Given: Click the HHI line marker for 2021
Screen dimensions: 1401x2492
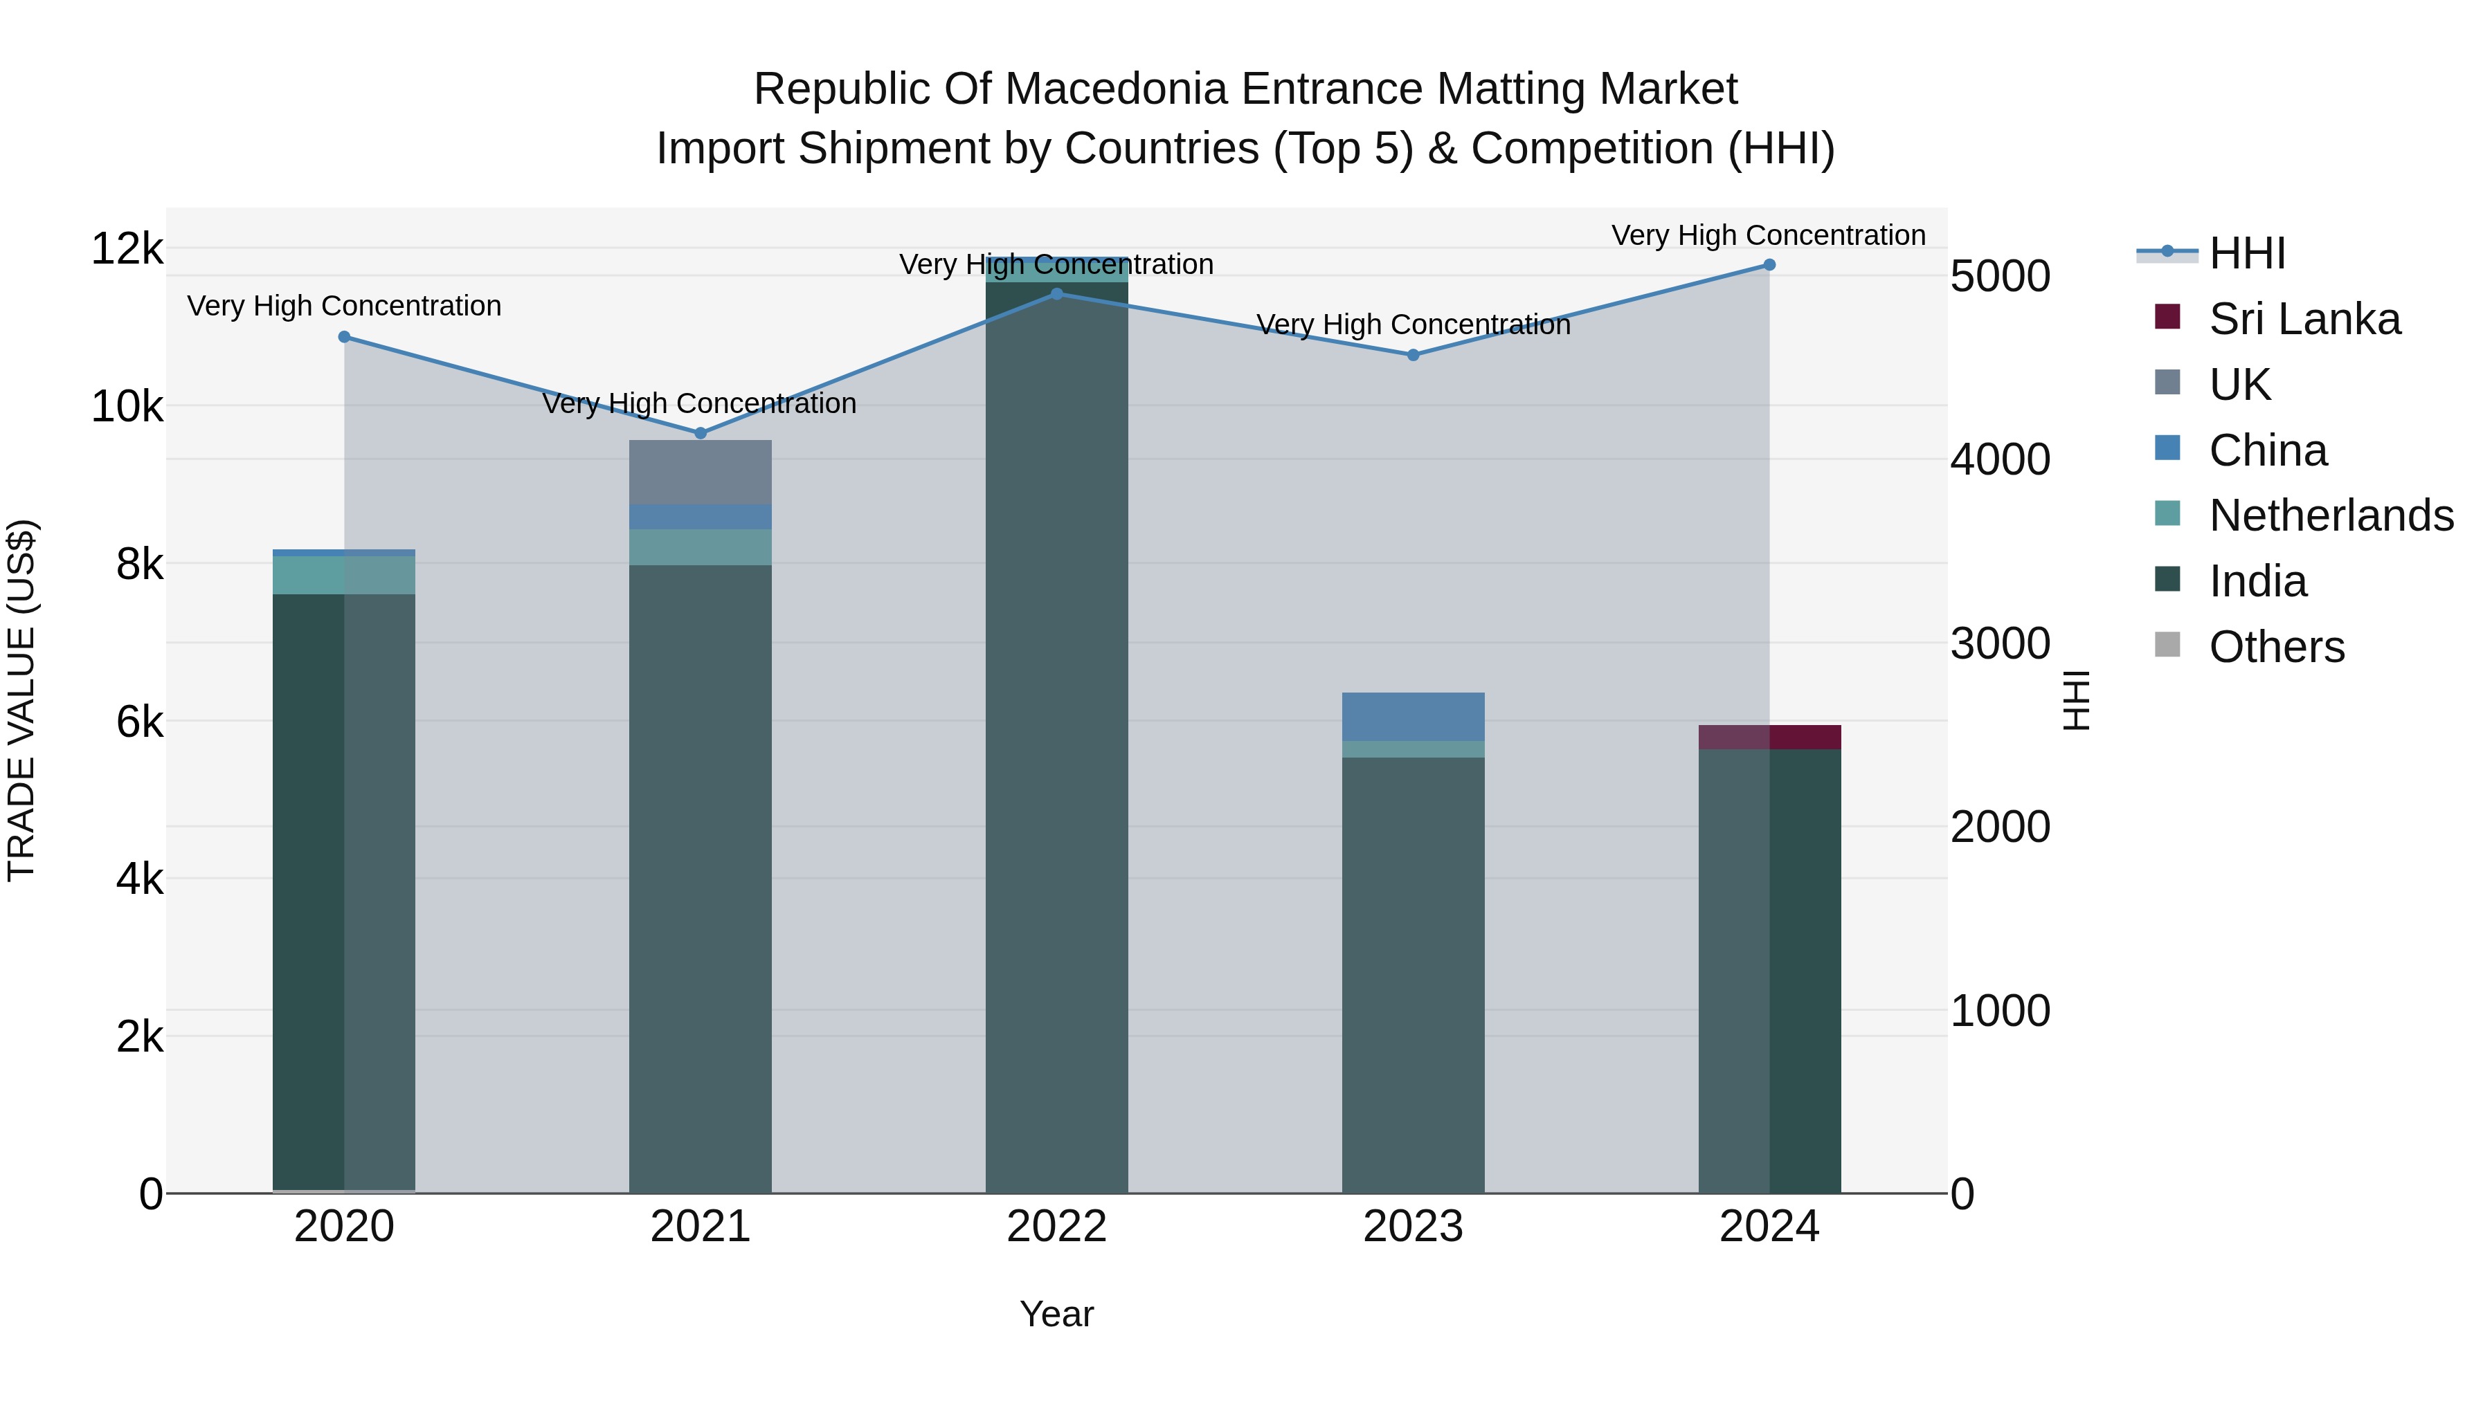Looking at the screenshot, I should click(x=701, y=433).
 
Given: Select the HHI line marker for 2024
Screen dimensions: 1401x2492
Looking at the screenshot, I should click(x=1769, y=265).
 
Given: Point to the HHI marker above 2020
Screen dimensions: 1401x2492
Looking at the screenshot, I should click(x=345, y=336).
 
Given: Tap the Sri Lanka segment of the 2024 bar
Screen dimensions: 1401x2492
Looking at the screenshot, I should click(x=1769, y=737).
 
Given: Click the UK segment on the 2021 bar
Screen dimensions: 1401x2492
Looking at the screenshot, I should click(x=701, y=472).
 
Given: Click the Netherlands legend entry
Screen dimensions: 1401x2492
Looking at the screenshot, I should click(x=2329, y=515).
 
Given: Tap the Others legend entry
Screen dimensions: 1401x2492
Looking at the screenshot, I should click(x=2275, y=647).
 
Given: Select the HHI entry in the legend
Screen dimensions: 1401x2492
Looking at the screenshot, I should click(x=2246, y=253).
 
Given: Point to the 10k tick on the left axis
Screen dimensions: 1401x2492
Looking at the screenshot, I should click(x=127, y=407).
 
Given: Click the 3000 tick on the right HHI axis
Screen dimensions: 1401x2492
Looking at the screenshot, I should click(x=2000, y=644).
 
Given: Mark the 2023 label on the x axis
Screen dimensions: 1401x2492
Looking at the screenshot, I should click(x=1412, y=1227).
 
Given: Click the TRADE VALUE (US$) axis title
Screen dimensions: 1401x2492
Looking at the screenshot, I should click(x=21, y=700).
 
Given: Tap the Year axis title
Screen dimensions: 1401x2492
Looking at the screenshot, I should click(x=1056, y=1314).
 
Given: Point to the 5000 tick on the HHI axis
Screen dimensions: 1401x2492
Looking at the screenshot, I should click(x=2000, y=277).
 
